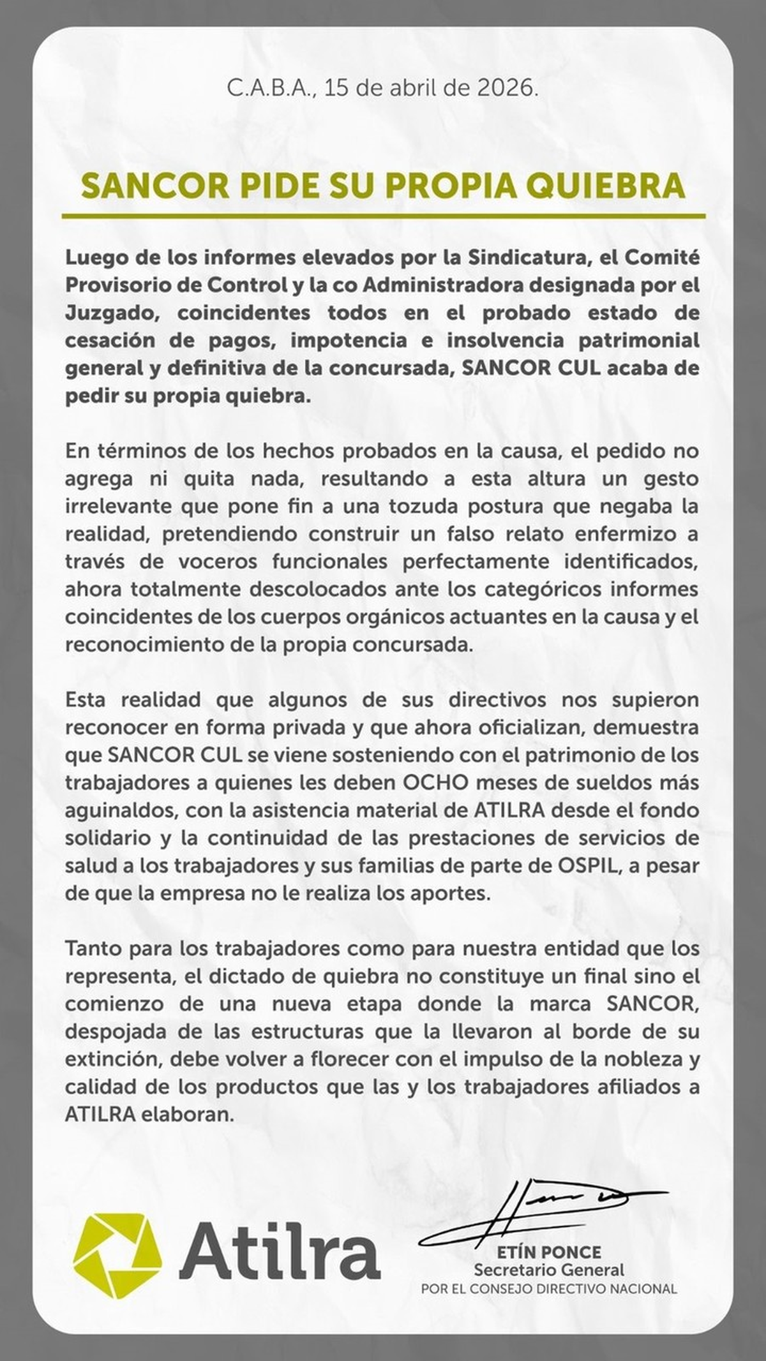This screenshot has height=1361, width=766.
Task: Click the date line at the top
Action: click(x=383, y=88)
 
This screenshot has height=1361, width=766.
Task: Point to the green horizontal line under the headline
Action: click(x=383, y=216)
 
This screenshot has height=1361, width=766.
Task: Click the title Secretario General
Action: click(x=549, y=1270)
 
